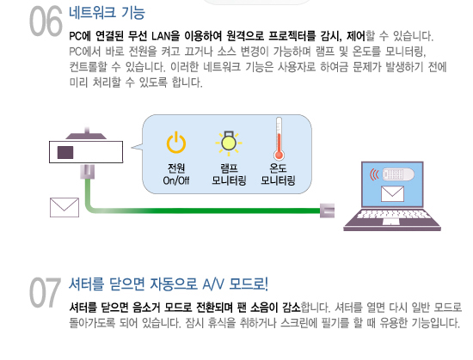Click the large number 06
tap(46, 21)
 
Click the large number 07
tap(46, 292)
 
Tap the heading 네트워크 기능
tap(107, 13)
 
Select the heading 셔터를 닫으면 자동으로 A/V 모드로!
tap(169, 284)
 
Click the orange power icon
tap(176, 143)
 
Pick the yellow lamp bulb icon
tap(229, 143)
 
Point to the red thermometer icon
tap(279, 138)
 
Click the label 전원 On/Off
tap(176, 174)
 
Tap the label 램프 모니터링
tap(229, 174)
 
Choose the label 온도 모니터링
tap(278, 174)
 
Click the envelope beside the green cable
tap(64, 207)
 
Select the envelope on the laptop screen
tap(392, 193)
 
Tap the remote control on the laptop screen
tap(398, 174)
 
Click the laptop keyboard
tap(392, 215)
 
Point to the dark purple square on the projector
tap(65, 152)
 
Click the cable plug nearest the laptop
tap(327, 211)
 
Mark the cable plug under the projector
tap(88, 172)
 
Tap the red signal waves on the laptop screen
tap(375, 174)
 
